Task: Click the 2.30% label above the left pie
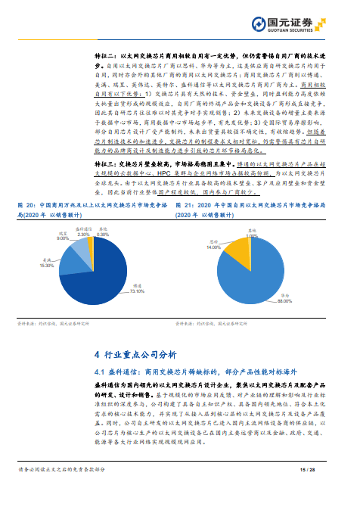click(83, 234)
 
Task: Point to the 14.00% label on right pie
click(213, 247)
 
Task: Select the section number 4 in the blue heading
click(96, 355)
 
